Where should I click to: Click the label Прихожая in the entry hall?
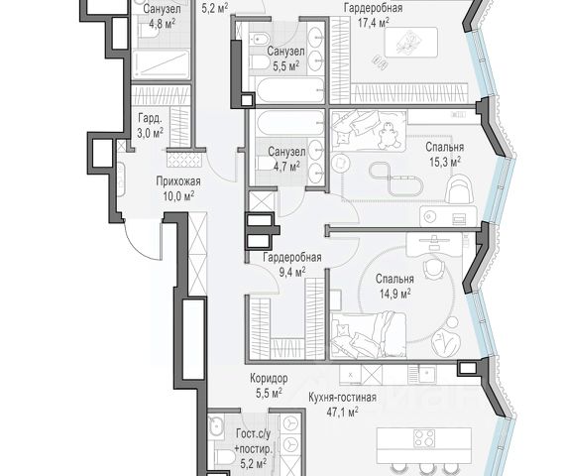point(178,181)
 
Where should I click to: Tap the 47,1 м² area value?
point(342,412)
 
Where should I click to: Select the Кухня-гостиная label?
point(342,397)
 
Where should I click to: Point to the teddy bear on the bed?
point(388,137)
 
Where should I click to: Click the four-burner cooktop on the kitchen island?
point(424,438)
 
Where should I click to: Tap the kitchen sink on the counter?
point(427,375)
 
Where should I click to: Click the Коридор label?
point(269,378)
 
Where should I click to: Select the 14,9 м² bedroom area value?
point(394,295)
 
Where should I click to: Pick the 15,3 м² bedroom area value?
point(445,162)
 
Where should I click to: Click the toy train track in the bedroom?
point(396,178)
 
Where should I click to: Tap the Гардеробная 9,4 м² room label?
point(292,265)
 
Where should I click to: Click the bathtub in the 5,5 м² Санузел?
point(289,91)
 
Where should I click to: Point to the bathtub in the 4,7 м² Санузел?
point(289,123)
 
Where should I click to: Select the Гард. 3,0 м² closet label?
point(151,126)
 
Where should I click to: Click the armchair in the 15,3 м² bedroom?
point(460,189)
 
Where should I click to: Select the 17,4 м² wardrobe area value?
point(373,23)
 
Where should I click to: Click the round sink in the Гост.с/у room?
point(216,427)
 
